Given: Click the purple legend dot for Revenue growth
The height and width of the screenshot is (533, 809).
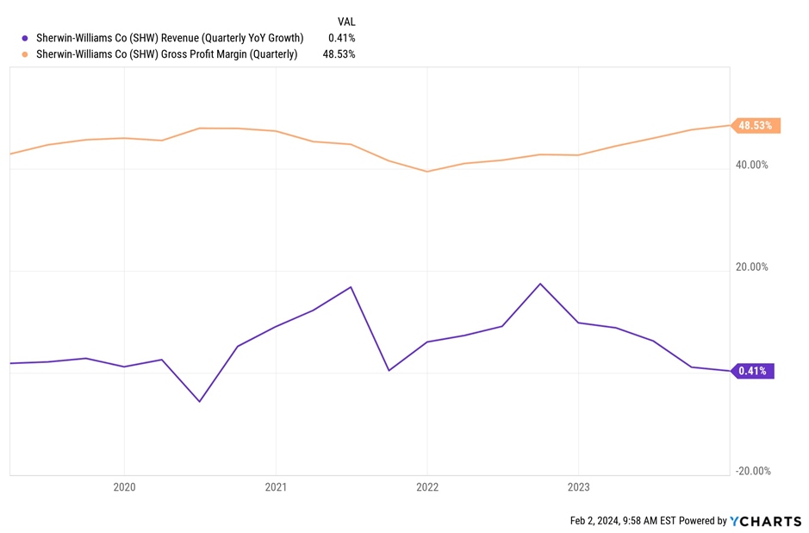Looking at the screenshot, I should point(25,38).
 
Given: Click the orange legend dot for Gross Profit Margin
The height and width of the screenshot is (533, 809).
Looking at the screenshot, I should point(25,54).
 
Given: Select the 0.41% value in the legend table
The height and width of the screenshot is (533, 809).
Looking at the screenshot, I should point(341,38).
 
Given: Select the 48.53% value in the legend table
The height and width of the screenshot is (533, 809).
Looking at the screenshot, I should point(339,54).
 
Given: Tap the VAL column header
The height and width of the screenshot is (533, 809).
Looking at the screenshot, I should point(345,22).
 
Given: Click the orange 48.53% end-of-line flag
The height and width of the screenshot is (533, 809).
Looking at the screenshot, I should point(755,126).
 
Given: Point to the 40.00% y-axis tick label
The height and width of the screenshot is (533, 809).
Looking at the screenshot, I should point(751,165).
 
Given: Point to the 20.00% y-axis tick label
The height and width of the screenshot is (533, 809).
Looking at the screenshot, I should point(751,267).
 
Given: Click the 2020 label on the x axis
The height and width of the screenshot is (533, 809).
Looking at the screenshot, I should point(125,487).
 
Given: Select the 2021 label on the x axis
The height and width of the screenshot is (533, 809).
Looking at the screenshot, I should point(276,487).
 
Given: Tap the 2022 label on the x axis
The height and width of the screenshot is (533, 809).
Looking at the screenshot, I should point(427,487).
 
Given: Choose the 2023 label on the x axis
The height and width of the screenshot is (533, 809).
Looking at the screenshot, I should point(578,487).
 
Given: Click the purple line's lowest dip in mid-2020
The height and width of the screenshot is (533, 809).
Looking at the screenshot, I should point(200,401).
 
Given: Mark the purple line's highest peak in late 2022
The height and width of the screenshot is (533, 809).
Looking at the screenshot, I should point(540,284).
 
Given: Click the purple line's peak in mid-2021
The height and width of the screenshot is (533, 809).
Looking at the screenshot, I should point(351,287).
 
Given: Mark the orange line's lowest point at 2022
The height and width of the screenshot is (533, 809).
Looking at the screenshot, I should point(426,172).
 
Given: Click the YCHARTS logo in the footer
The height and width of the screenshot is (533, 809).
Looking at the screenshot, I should point(766,521).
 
